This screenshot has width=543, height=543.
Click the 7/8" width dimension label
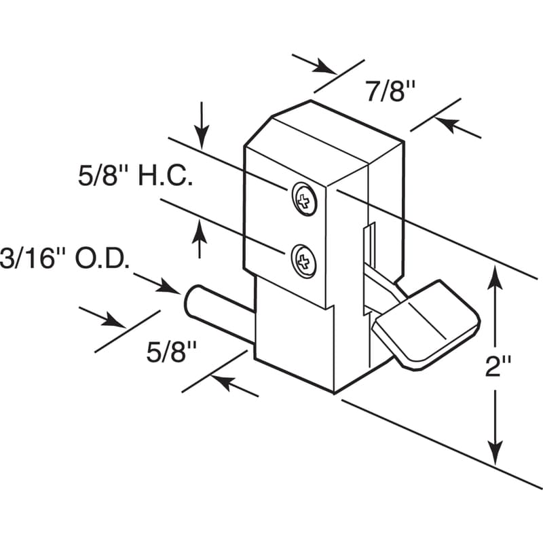click(x=390, y=90)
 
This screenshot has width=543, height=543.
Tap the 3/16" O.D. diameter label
click(x=64, y=259)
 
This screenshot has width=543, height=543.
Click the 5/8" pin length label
click(x=172, y=353)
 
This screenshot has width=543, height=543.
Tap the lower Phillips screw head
click(x=303, y=261)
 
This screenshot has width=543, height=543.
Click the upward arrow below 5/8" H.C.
click(x=200, y=227)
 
